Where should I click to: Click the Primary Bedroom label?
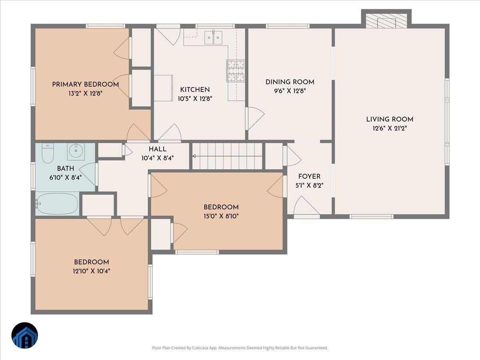pyautogui.click(x=85, y=84)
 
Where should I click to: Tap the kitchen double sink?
pyautogui.click(x=213, y=38)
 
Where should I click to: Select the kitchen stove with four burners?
pyautogui.click(x=236, y=71)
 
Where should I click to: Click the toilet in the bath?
pyautogui.click(x=47, y=153)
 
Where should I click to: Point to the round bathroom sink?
pyautogui.click(x=76, y=151)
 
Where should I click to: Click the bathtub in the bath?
pyautogui.click(x=57, y=204)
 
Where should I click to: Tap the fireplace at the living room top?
pyautogui.click(x=386, y=21)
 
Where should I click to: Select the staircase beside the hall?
pyautogui.click(x=227, y=156)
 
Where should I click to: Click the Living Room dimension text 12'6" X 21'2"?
pyautogui.click(x=390, y=128)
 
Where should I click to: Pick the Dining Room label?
pyautogui.click(x=290, y=82)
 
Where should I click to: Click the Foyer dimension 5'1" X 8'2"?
pyautogui.click(x=309, y=186)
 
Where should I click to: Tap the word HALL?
pyautogui.click(x=157, y=149)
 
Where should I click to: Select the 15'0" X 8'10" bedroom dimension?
pyautogui.click(x=221, y=216)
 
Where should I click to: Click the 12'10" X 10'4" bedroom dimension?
pyautogui.click(x=92, y=271)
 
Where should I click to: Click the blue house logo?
pyautogui.click(x=25, y=335)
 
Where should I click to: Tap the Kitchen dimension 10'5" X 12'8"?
pyautogui.click(x=195, y=98)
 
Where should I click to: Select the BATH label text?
pyautogui.click(x=65, y=169)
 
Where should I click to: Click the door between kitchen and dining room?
pyautogui.click(x=255, y=118)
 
